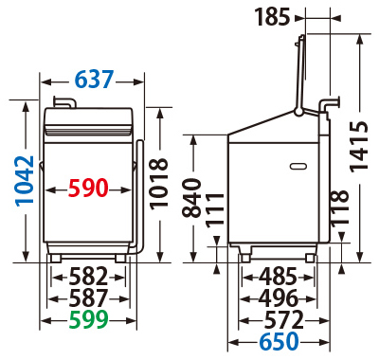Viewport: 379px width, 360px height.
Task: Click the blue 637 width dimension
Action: pyautogui.click(x=94, y=79)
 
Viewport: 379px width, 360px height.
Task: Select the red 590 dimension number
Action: pyautogui.click(x=88, y=188)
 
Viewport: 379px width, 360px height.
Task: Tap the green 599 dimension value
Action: pyautogui.click(x=89, y=319)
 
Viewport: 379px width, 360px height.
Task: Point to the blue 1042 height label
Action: pyautogui.click(x=25, y=181)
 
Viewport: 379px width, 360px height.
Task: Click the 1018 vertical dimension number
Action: pyautogui.click(x=159, y=184)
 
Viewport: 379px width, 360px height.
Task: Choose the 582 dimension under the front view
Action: pyautogui.click(x=88, y=276)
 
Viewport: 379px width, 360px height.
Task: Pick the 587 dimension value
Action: pyautogui.click(x=88, y=297)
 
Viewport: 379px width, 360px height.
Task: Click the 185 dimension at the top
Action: pyautogui.click(x=272, y=17)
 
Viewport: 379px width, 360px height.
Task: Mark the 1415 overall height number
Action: pyautogui.click(x=359, y=147)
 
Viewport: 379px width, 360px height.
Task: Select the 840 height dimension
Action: pyautogui.click(x=192, y=198)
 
